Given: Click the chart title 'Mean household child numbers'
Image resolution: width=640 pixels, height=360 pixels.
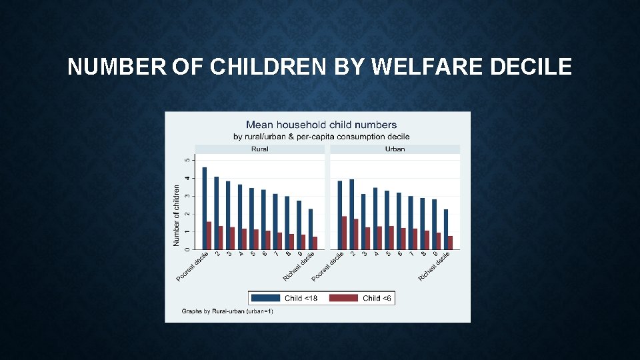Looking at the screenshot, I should pyautogui.click(x=321, y=125).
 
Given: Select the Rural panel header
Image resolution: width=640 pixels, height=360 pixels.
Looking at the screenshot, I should pyautogui.click(x=259, y=149).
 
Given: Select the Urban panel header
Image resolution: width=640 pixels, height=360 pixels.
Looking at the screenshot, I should pyautogui.click(x=395, y=149).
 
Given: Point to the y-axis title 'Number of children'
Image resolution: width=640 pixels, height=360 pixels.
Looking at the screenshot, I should pyautogui.click(x=177, y=215).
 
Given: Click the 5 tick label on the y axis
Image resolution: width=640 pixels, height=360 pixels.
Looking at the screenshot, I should pyautogui.click(x=187, y=160).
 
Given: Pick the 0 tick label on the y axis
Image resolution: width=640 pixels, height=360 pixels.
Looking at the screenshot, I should pyautogui.click(x=187, y=249).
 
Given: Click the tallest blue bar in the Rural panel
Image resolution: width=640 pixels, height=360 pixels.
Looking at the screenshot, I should pyautogui.click(x=205, y=208).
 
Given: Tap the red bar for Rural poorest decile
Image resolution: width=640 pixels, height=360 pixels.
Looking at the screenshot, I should pyautogui.click(x=209, y=235).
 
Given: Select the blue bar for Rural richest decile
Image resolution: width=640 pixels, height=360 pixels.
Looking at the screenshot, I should pyautogui.click(x=311, y=229).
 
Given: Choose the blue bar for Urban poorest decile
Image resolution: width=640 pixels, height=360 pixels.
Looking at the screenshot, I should pyautogui.click(x=339, y=215).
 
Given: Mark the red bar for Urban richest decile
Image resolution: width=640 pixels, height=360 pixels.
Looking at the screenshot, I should pyautogui.click(x=450, y=243).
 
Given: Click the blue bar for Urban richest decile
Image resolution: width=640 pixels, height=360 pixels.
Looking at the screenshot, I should pyautogui.click(x=446, y=229).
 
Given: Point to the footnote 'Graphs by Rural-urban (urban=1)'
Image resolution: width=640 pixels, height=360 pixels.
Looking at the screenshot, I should pyautogui.click(x=227, y=311).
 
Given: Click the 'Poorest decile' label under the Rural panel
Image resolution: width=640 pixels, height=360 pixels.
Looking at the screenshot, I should pyautogui.click(x=193, y=266).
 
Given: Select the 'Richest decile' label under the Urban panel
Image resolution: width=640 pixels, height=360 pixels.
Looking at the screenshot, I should pyautogui.click(x=435, y=266).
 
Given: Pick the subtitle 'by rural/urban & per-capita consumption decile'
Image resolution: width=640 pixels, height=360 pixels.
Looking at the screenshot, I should pyautogui.click(x=321, y=137).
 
